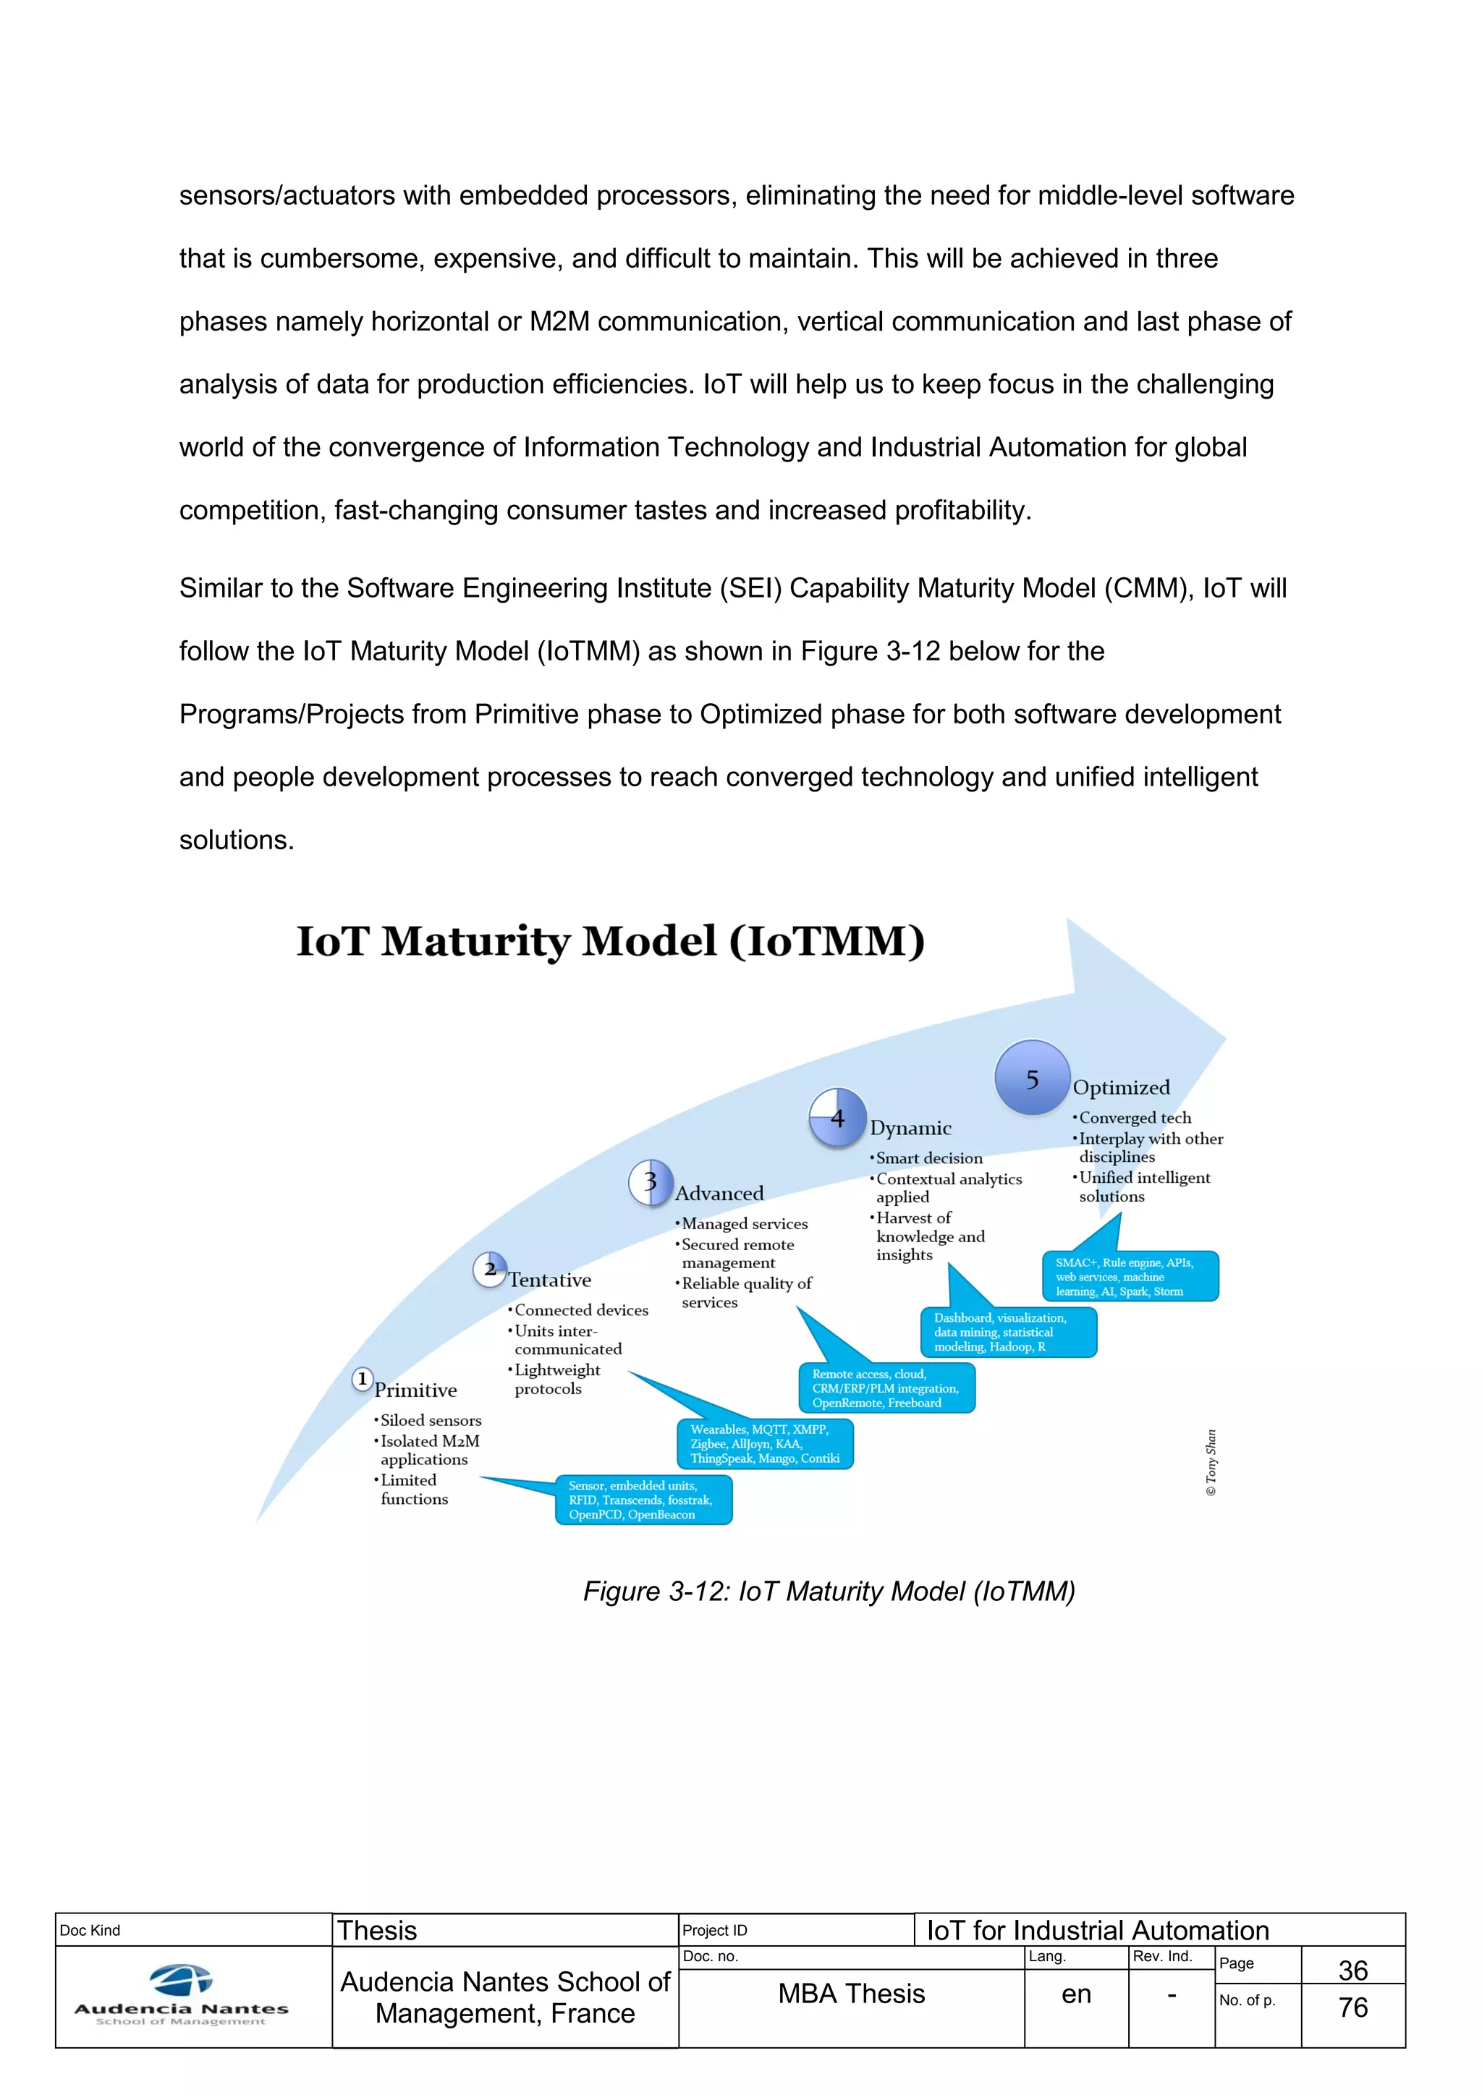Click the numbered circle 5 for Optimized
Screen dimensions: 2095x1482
[x=1031, y=1078]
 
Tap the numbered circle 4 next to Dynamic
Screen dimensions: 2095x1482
[x=837, y=1118]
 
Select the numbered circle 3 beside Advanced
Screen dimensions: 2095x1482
[x=651, y=1183]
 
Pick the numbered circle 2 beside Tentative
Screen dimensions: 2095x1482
[x=490, y=1270]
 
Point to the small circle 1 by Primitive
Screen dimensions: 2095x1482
[x=363, y=1379]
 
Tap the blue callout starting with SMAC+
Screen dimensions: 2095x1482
[x=1130, y=1277]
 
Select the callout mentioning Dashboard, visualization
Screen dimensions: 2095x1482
[x=1008, y=1333]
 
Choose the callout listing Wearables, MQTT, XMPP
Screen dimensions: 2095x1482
[x=765, y=1443]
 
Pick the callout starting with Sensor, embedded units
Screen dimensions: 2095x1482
[x=643, y=1500]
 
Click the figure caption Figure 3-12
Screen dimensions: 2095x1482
[x=829, y=1592]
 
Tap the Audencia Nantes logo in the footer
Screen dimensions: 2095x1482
[x=182, y=1996]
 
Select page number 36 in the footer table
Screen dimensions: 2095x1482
[x=1352, y=1970]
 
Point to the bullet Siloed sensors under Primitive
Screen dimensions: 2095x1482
[x=430, y=1421]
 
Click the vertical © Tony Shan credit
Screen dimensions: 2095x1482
[x=1211, y=1462]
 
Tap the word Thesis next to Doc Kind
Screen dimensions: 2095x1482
[x=377, y=1931]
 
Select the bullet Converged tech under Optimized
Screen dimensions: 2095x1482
[x=1135, y=1118]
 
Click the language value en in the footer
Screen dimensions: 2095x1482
[x=1076, y=1994]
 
